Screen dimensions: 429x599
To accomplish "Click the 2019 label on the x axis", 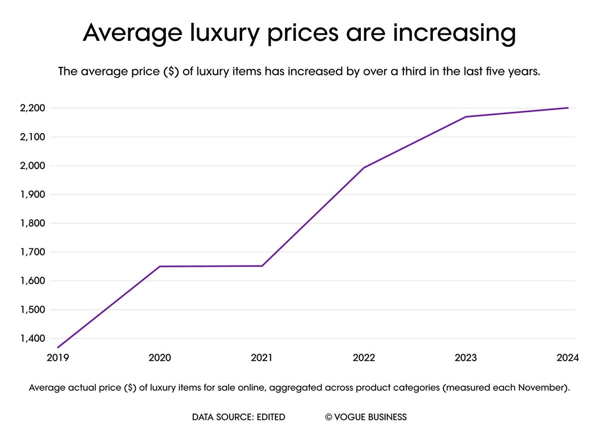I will point(58,358).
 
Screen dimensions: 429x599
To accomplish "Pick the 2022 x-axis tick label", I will point(364,358).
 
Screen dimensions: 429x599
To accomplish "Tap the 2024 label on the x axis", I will point(568,358).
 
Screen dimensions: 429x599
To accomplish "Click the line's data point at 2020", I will point(160,266).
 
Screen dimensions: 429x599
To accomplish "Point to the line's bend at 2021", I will point(262,266).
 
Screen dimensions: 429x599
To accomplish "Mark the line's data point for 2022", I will point(364,168).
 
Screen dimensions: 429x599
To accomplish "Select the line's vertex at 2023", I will point(466,117).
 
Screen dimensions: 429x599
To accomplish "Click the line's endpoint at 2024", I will point(568,108).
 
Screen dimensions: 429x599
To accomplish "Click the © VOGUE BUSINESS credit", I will point(366,417).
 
